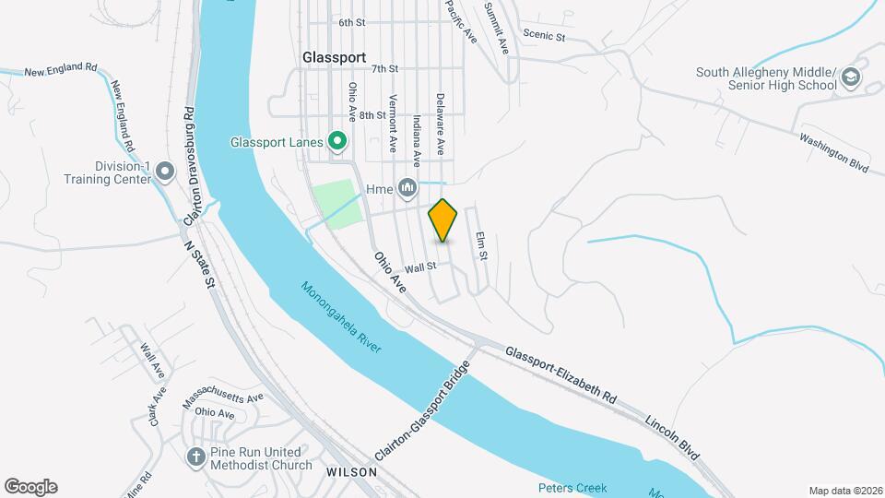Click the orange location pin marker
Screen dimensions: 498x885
pos(443,220)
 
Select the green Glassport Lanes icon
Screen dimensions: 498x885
pos(338,142)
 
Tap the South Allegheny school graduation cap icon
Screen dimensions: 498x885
pos(850,78)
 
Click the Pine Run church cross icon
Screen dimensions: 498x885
pos(195,456)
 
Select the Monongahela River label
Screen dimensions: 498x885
pos(340,315)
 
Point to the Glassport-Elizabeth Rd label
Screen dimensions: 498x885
pos(560,373)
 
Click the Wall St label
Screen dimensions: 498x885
pos(420,267)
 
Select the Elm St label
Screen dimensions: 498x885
pos(480,245)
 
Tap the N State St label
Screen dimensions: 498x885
pos(199,264)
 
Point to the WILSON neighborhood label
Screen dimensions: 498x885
pos(351,471)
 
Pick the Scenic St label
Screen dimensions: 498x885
pos(543,35)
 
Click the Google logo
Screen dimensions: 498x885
pos(30,487)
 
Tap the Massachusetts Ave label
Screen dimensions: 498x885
pos(223,398)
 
